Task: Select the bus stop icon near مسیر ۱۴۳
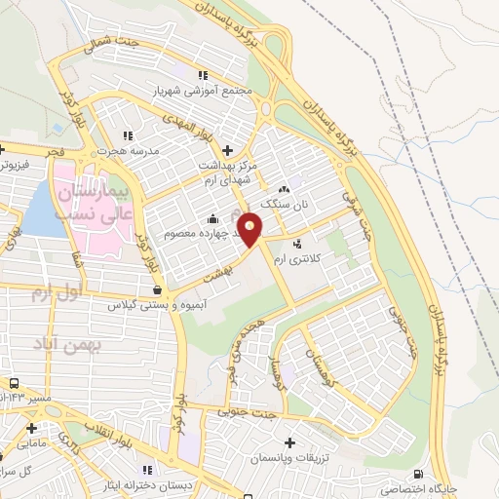15,384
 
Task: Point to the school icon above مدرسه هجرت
126,136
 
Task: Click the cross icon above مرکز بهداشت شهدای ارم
228,150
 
